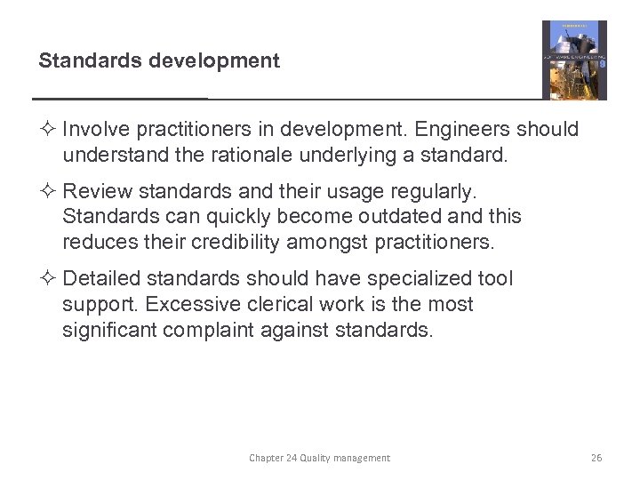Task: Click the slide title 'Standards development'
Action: coord(158,61)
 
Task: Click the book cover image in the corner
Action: coord(574,60)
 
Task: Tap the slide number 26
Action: coord(596,458)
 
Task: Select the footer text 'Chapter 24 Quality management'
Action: coord(319,458)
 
